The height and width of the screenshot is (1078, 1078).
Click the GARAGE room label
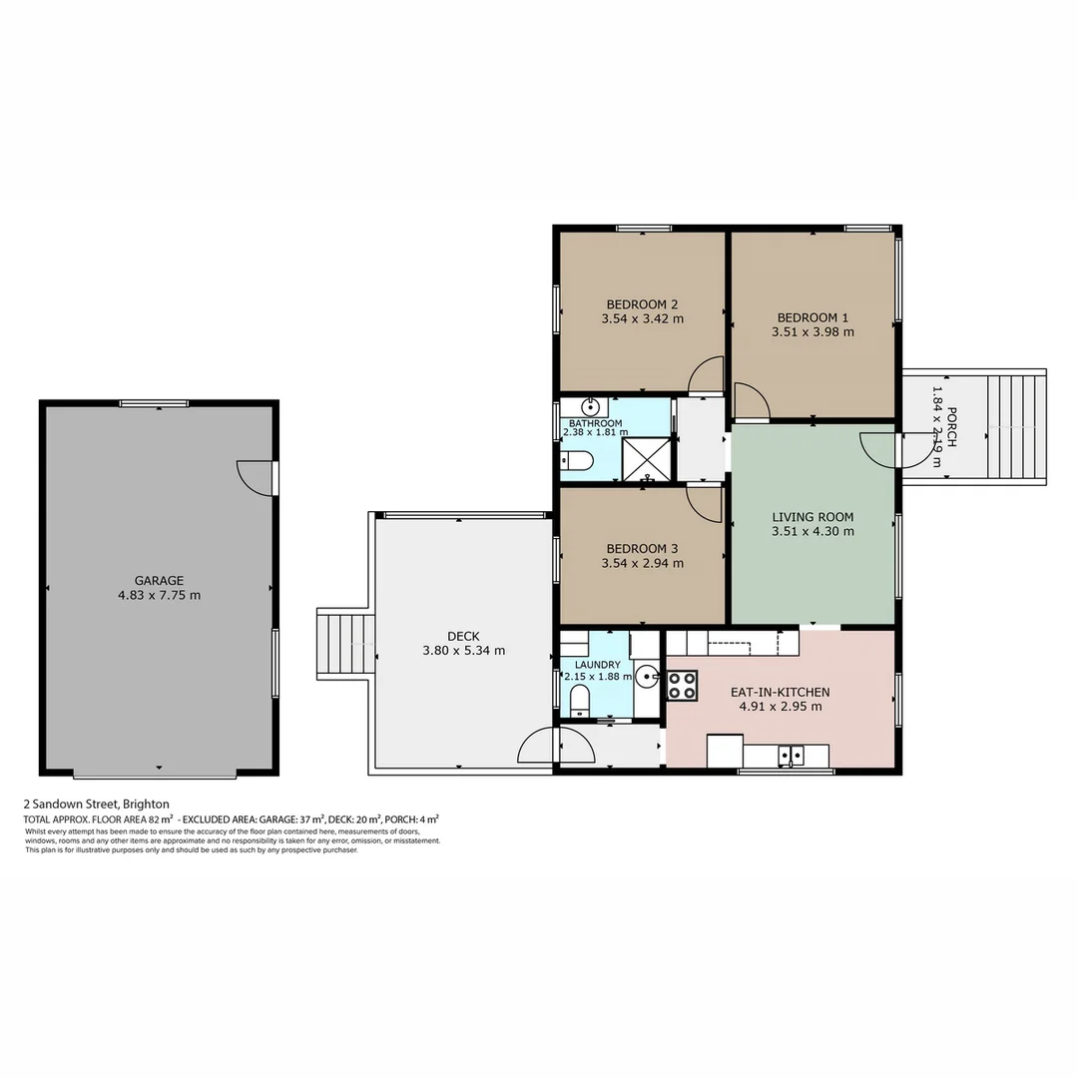coord(159,580)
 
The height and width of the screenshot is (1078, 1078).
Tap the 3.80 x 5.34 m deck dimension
coord(463,651)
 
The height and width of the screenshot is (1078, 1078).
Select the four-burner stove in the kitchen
coord(682,684)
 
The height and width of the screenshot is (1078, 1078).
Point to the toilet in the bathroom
coord(577,460)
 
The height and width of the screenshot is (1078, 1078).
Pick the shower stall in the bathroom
coord(647,458)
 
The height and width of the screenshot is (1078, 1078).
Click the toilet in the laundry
coord(580,703)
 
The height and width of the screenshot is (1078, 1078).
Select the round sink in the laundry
coord(648,677)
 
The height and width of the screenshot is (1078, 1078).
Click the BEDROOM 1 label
coord(812,317)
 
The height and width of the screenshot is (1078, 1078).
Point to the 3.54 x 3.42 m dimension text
coord(642,319)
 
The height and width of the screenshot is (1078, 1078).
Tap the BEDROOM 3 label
coord(642,548)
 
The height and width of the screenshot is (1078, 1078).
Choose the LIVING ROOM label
coord(812,517)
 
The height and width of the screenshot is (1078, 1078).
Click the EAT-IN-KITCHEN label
coord(780,691)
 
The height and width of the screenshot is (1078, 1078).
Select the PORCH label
coord(951,427)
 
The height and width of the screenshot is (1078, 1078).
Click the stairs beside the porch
coord(1015,426)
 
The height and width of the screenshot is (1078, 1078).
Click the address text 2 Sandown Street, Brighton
coord(97,804)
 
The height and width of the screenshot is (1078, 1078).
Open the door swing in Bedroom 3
coord(705,503)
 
